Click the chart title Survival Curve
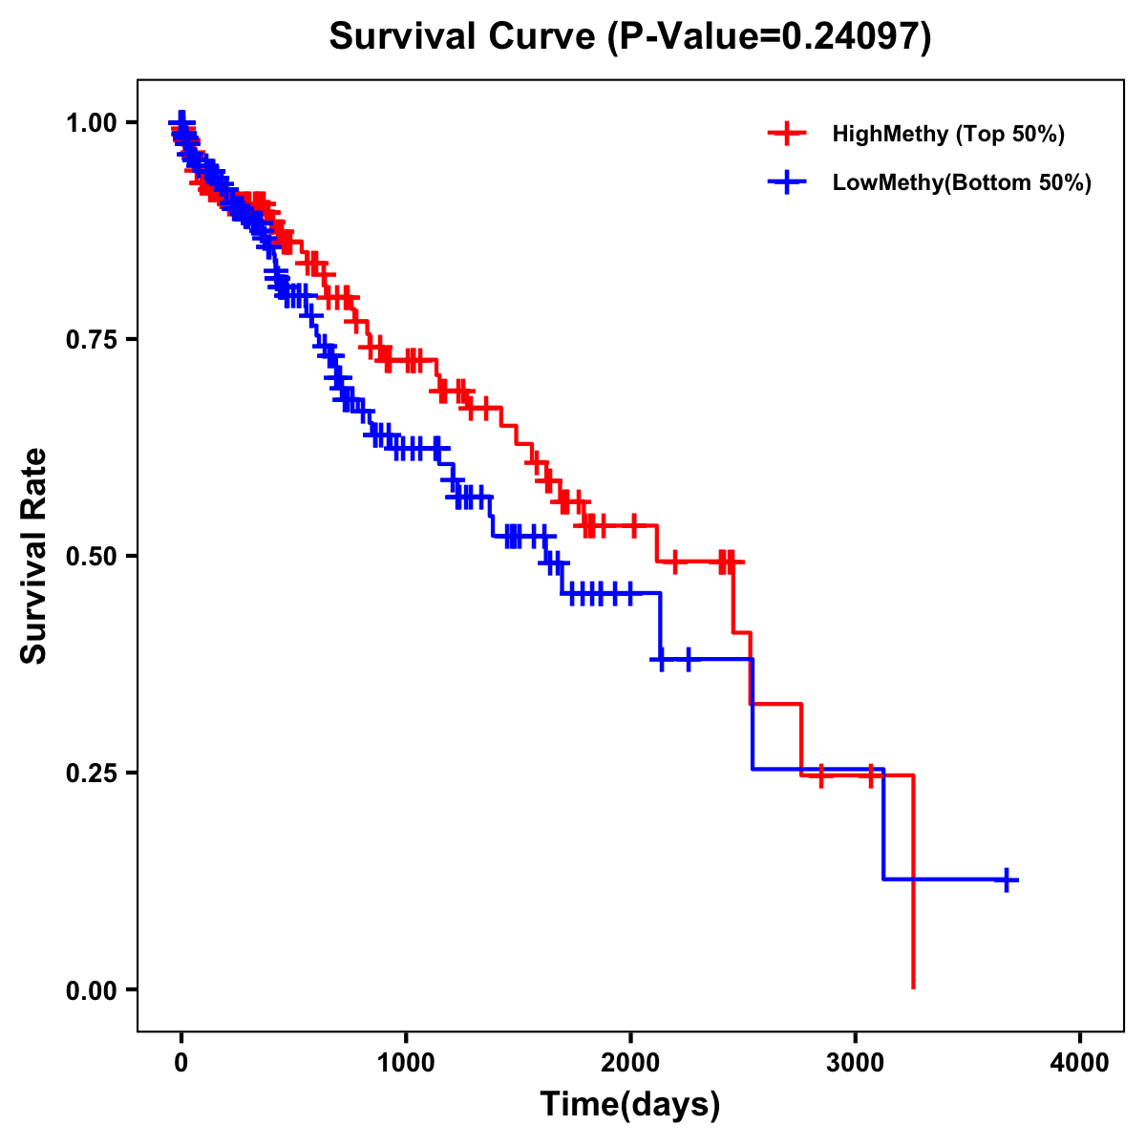(x=463, y=36)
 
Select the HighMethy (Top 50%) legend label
(x=947, y=134)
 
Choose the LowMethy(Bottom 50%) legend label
(x=962, y=182)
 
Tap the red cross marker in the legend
(x=786, y=134)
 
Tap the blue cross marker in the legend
(x=786, y=181)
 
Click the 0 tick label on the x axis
(x=181, y=1063)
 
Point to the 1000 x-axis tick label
(x=406, y=1063)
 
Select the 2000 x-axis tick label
(x=630, y=1063)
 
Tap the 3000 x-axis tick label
(x=856, y=1063)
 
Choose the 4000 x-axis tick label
(x=1080, y=1063)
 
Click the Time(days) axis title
(x=630, y=1105)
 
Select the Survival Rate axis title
(x=34, y=556)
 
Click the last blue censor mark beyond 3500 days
(x=1007, y=880)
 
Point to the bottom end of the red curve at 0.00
(x=914, y=987)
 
